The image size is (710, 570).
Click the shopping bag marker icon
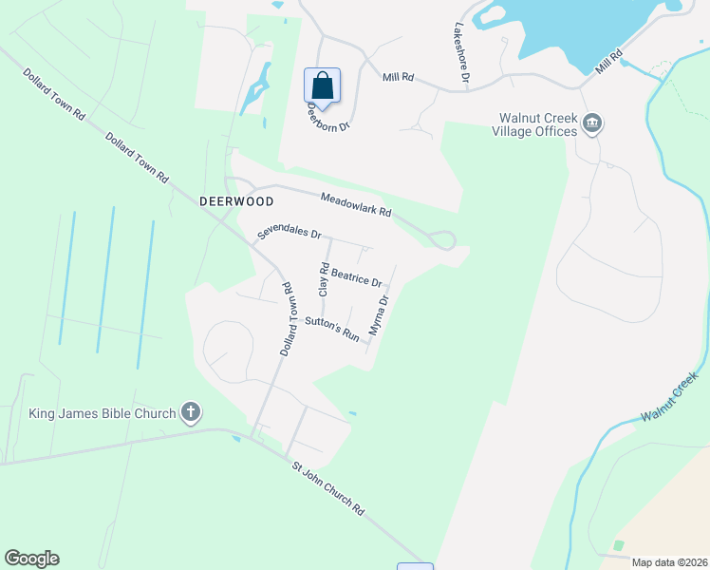322,85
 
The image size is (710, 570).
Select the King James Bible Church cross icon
191,412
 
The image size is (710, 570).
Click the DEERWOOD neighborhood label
236,201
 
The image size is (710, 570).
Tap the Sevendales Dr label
290,233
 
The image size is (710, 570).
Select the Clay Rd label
324,279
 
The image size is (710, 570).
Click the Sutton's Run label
332,329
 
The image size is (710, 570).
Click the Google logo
31,559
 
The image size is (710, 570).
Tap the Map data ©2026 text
668,562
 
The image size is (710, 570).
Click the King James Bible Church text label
103,413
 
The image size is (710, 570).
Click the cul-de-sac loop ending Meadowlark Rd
442,240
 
